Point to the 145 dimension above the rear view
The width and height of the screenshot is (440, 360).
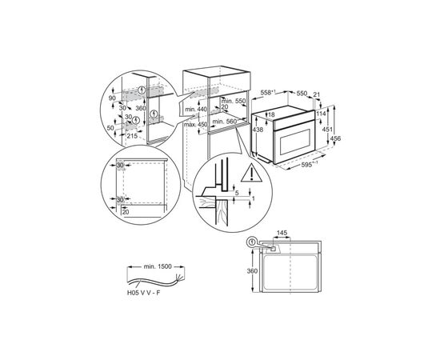[282, 234]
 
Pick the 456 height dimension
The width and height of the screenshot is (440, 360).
[337, 139]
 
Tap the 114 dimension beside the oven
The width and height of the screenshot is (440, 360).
[322, 113]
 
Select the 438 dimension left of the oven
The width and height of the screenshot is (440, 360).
[235, 129]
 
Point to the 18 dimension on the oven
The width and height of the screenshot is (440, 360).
[250, 115]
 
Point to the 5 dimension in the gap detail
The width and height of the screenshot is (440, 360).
[237, 192]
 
